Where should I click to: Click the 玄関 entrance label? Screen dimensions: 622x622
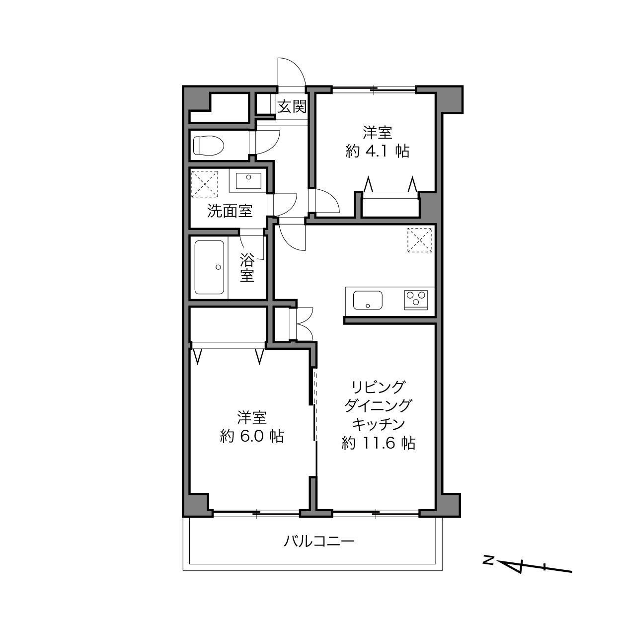click(x=292, y=106)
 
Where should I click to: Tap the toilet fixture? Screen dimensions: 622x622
click(x=209, y=145)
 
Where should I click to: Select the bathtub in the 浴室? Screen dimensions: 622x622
click(x=210, y=267)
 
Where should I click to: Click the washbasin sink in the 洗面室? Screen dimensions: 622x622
click(x=248, y=181)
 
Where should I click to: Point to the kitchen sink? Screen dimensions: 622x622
click(x=368, y=300)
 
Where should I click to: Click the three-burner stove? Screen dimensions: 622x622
click(x=416, y=300)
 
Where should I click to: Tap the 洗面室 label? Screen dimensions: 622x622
click(x=230, y=211)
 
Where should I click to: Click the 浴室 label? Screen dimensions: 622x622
click(x=247, y=268)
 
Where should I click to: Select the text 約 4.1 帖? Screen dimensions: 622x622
click(x=378, y=151)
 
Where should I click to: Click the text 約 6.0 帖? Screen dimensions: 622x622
click(x=252, y=436)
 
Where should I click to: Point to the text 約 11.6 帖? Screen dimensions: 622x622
click(x=378, y=443)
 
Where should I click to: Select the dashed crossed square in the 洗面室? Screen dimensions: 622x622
click(x=205, y=184)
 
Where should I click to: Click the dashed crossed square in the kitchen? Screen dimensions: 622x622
click(x=420, y=240)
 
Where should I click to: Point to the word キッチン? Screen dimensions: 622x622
click(x=378, y=424)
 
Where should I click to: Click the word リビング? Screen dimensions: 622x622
click(x=378, y=387)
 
